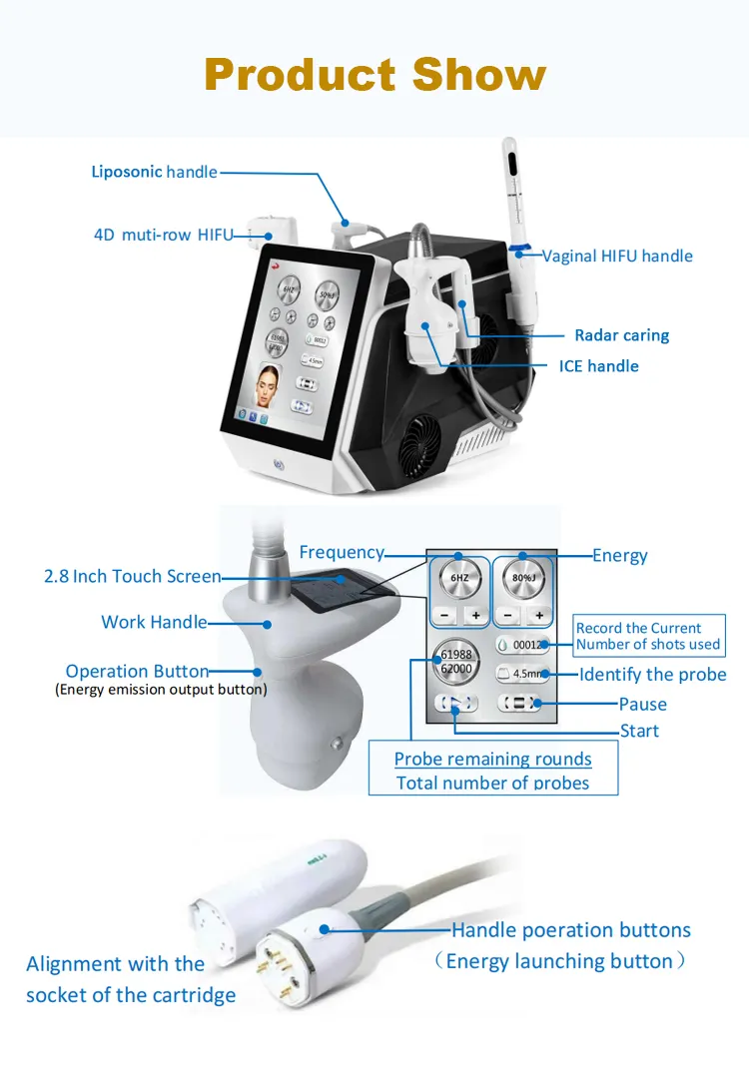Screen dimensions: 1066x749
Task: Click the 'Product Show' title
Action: coord(375,75)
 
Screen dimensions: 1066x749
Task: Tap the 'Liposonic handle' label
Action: coord(154,172)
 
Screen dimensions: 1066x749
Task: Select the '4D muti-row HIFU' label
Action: coord(163,236)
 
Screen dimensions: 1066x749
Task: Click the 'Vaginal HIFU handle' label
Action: coord(617,256)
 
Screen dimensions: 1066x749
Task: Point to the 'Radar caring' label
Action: coord(621,335)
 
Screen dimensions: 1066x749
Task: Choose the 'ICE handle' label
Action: coord(598,366)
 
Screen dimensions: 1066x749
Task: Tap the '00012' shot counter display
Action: coord(523,645)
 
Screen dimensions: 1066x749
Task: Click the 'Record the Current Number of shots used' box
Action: coord(647,636)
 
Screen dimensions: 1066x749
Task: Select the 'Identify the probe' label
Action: coord(652,675)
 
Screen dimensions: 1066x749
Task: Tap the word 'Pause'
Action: coord(642,704)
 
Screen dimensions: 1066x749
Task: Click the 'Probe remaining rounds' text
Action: coord(492,759)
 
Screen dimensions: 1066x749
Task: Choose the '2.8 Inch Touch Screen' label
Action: coord(132,576)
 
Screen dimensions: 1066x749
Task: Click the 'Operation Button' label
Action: coord(137,671)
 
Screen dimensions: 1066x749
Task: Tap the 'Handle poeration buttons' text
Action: coord(570,930)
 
